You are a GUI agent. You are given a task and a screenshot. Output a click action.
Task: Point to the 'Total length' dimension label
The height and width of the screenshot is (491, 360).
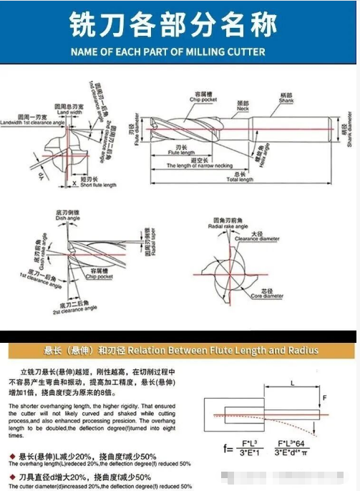[240, 179]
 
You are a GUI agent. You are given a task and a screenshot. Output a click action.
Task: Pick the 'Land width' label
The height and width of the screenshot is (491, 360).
[69, 112]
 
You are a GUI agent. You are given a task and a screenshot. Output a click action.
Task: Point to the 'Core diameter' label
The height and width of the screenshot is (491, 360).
[271, 296]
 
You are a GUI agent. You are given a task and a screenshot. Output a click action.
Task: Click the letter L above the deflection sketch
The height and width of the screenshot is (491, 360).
[294, 384]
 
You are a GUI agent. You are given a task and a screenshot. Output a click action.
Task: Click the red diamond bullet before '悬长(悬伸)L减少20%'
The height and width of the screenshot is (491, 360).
[12, 455]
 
